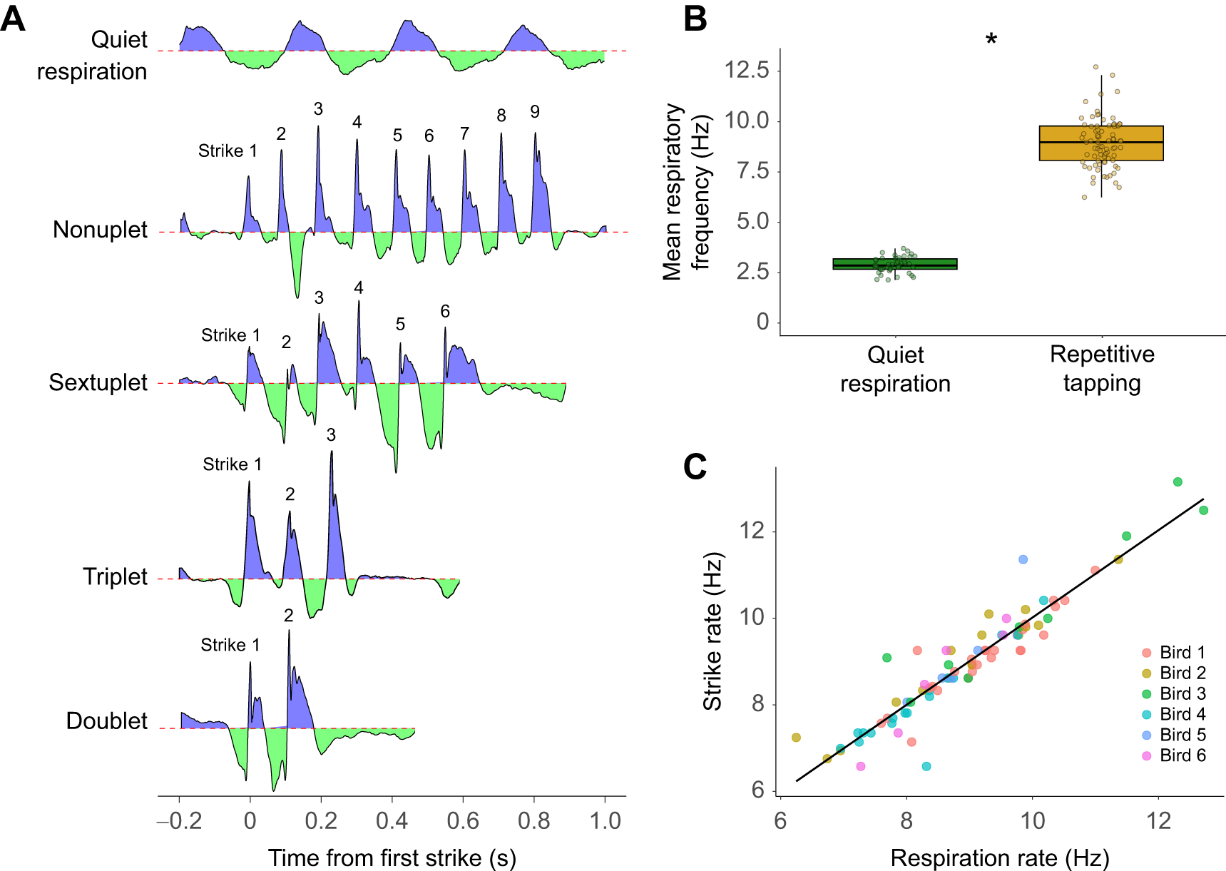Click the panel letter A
point(14,19)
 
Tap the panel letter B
point(695,19)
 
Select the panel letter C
point(695,467)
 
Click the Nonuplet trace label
point(100,230)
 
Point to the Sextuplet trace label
point(98,382)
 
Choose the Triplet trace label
point(115,576)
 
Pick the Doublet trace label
point(106,720)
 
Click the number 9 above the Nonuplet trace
point(535,112)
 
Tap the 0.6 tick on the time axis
point(463,821)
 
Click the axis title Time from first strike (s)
point(392,857)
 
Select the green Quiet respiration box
point(895,264)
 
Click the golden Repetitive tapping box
point(1101,143)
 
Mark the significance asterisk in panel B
point(991,40)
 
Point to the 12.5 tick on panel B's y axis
point(747,70)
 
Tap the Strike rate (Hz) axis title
point(712,631)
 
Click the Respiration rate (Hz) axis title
point(1000,857)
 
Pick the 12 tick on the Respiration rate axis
point(1159,821)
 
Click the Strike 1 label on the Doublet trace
point(230,645)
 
